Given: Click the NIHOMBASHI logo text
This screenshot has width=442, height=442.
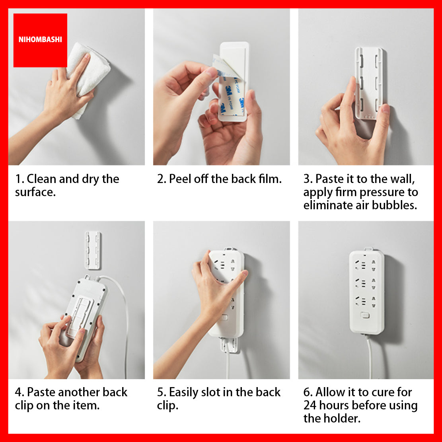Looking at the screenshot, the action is point(40,39).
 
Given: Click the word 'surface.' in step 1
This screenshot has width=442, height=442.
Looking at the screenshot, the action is point(35,193).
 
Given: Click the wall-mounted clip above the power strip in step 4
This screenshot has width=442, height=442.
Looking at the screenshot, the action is point(93,250).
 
